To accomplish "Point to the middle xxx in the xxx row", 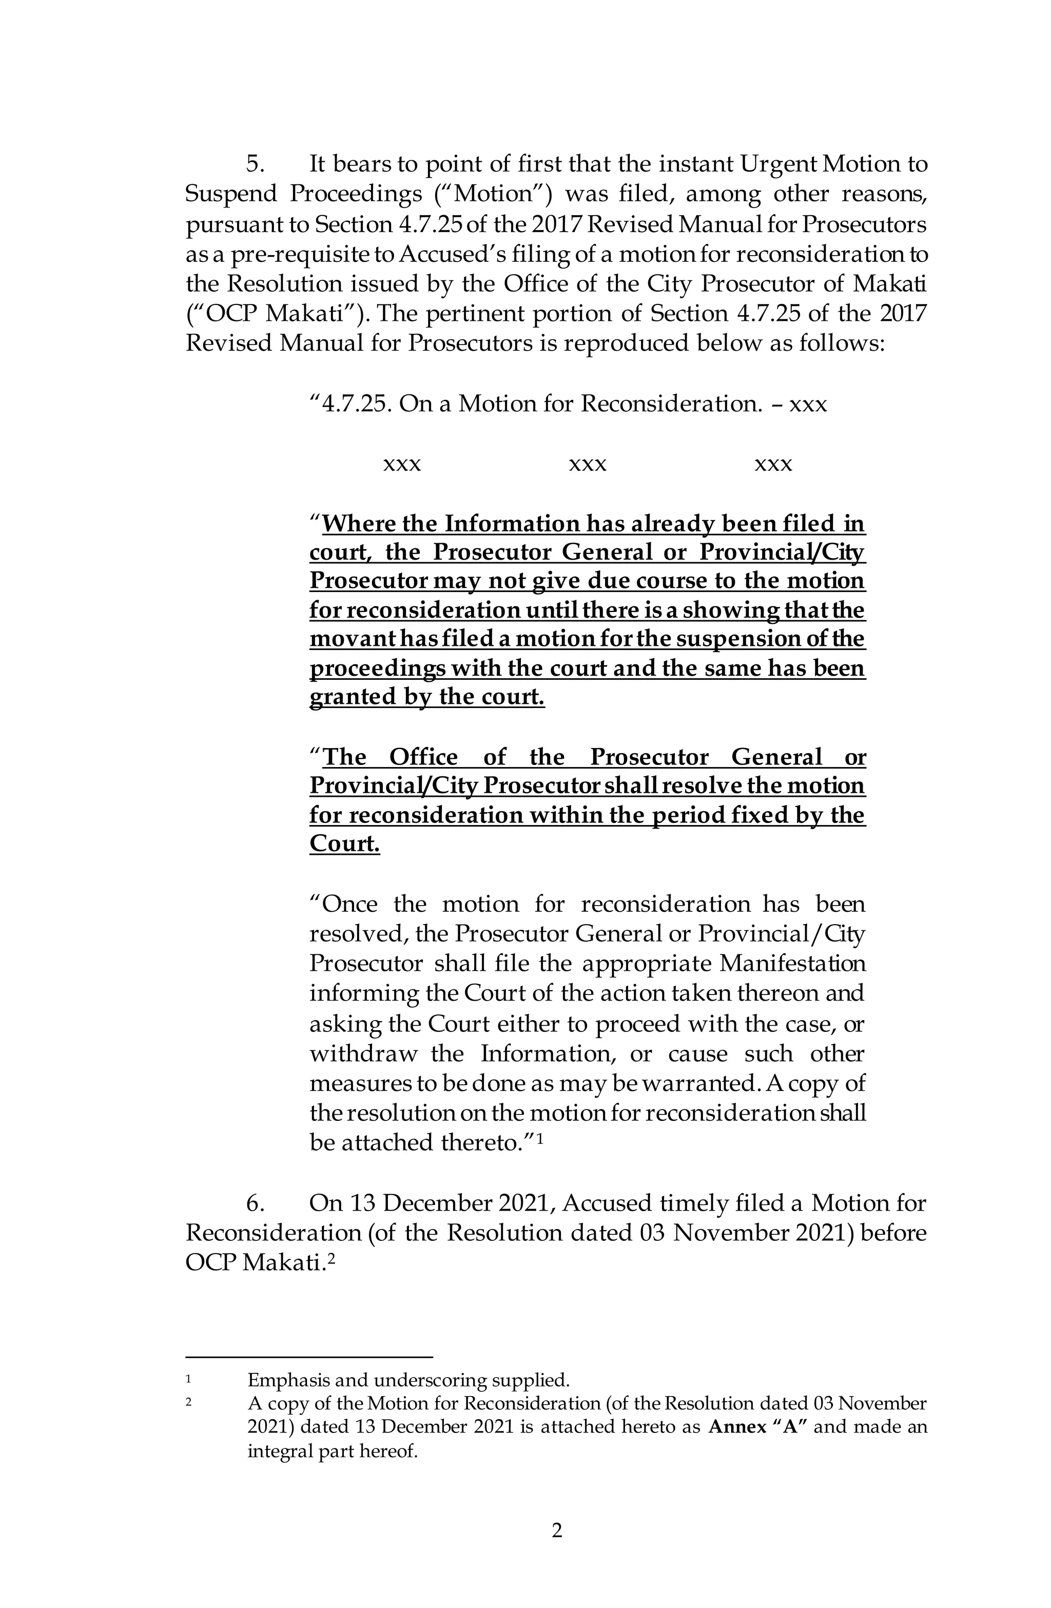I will (x=588, y=464).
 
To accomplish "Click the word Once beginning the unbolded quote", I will (x=349, y=904).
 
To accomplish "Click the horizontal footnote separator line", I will (x=309, y=1356).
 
